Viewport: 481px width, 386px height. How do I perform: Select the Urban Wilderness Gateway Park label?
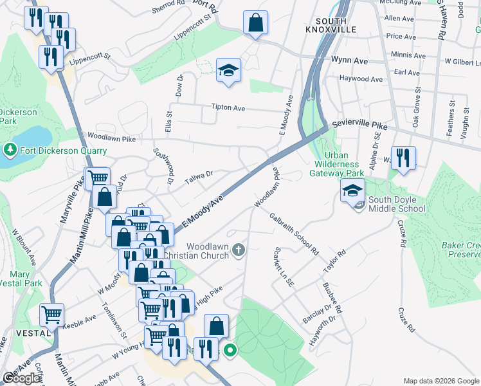point(337,164)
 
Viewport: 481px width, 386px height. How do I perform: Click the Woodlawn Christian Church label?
point(207,251)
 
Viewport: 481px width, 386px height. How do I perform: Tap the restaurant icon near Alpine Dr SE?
point(403,158)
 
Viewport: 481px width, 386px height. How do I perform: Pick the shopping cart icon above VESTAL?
point(52,315)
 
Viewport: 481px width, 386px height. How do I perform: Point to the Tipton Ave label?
point(230,108)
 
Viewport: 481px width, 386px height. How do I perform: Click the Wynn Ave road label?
point(349,60)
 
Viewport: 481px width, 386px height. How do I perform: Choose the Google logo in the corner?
point(21,378)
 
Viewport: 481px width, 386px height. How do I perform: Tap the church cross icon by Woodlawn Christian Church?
point(239,249)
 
